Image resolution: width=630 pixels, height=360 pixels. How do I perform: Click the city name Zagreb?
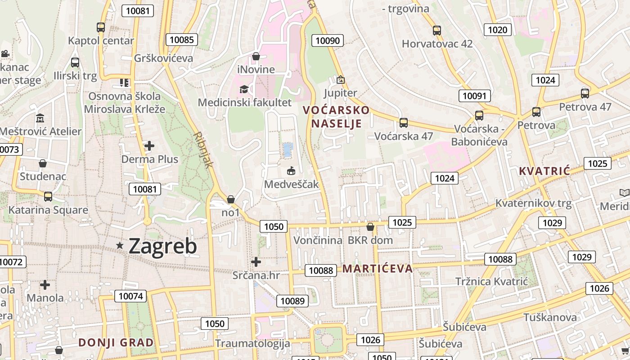(x=162, y=246)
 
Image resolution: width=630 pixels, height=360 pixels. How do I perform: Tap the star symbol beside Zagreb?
(x=120, y=245)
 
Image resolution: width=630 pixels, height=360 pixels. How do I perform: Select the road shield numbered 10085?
(x=182, y=40)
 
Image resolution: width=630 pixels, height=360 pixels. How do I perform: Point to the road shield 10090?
(x=328, y=40)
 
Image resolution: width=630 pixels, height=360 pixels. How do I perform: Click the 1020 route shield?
(x=497, y=30)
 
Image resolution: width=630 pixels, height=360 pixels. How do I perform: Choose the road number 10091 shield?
(x=475, y=95)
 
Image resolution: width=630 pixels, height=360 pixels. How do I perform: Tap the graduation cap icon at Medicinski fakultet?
(x=244, y=89)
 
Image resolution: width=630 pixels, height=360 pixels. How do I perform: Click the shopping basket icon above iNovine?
(x=256, y=56)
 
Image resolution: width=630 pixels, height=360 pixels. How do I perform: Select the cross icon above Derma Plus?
(x=149, y=146)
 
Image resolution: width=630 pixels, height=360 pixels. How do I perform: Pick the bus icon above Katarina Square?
(x=48, y=196)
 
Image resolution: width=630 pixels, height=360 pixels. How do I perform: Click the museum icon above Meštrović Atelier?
(x=40, y=118)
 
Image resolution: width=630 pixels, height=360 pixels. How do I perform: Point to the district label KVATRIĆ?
(x=544, y=171)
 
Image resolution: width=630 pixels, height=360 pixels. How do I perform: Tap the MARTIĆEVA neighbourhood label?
(x=378, y=269)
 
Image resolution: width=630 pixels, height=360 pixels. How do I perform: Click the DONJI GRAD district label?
(x=116, y=342)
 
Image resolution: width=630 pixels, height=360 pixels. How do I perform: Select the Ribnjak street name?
(x=203, y=150)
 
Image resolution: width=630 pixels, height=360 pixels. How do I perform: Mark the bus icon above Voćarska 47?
(x=404, y=122)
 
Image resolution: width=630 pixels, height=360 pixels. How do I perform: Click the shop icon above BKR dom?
(x=370, y=226)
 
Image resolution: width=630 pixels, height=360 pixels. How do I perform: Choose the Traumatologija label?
(x=252, y=343)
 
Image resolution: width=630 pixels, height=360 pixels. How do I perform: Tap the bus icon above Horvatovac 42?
(x=437, y=30)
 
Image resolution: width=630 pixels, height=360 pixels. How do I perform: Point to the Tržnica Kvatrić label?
(x=491, y=282)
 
